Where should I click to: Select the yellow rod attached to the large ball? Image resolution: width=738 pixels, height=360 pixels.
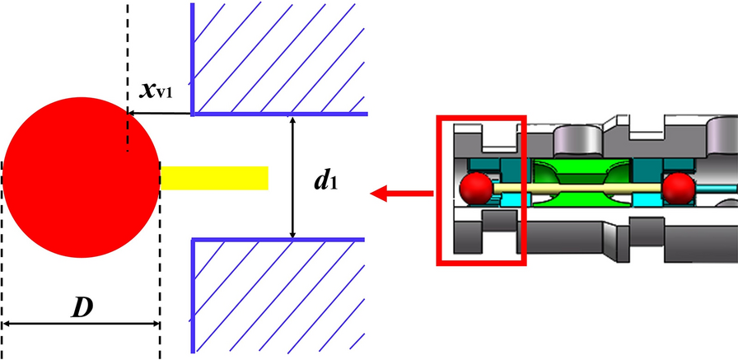point(214,177)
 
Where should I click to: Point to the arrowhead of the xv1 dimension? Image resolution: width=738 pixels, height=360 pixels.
point(130,112)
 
